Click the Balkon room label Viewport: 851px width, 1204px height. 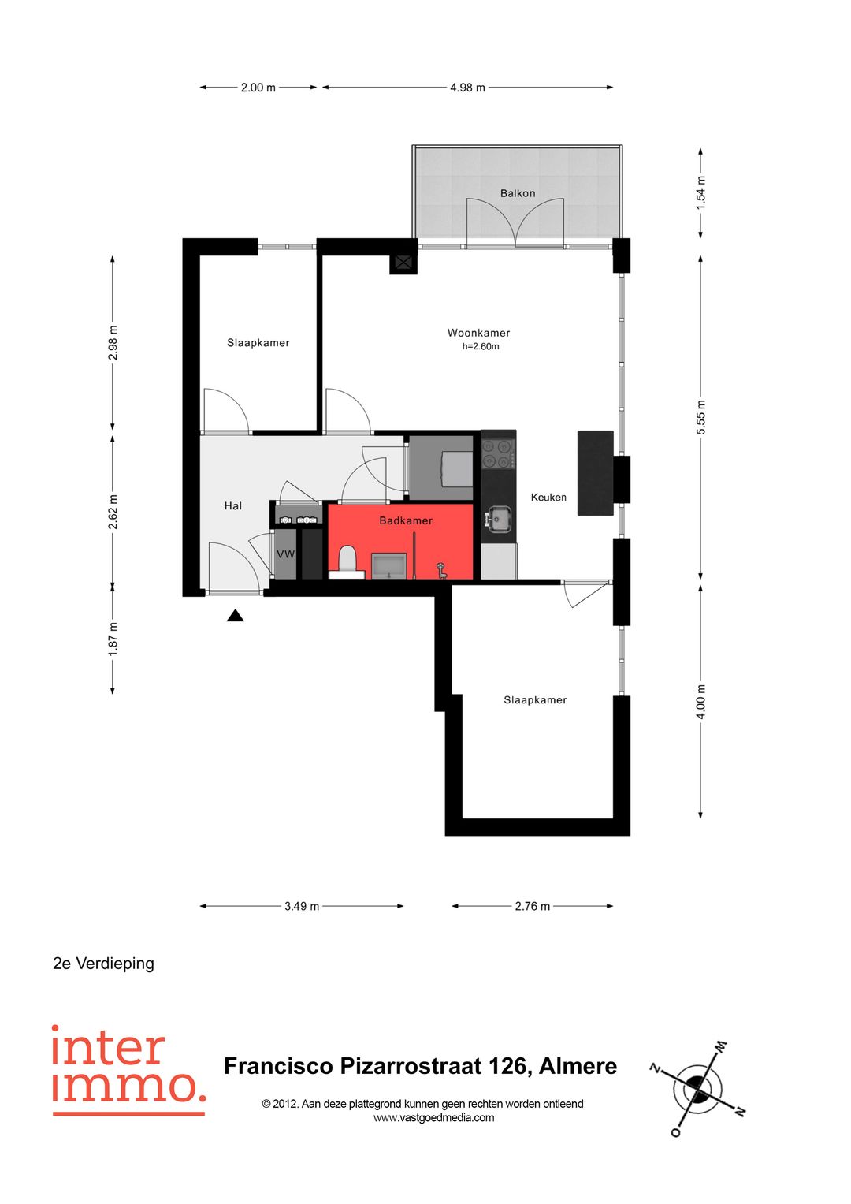pyautogui.click(x=518, y=193)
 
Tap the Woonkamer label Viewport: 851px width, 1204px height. pyautogui.click(x=478, y=333)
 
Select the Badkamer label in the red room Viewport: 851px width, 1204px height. pyautogui.click(x=406, y=520)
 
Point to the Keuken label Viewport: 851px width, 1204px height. pyautogui.click(x=548, y=498)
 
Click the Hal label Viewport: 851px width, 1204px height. pyautogui.click(x=232, y=505)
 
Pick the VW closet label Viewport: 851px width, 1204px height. pyautogui.click(x=285, y=554)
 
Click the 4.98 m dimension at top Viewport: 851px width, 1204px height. pyautogui.click(x=467, y=88)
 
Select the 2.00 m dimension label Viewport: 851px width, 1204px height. pyautogui.click(x=258, y=88)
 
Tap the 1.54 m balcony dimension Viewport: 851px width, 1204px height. pyautogui.click(x=700, y=193)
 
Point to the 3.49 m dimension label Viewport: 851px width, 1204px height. pyautogui.click(x=301, y=906)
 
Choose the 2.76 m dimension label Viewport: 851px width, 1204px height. pyautogui.click(x=532, y=906)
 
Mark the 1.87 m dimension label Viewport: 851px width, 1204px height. pyautogui.click(x=113, y=639)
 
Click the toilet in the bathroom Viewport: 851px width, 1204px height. pyautogui.click(x=347, y=561)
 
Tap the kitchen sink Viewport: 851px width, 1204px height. pyautogui.click(x=499, y=520)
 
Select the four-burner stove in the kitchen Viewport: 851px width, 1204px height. pyautogui.click(x=497, y=453)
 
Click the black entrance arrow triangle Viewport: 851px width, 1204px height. pyautogui.click(x=235, y=616)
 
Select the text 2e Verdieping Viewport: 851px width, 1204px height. pyautogui.click(x=103, y=964)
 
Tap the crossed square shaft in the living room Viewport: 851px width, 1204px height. pyautogui.click(x=403, y=263)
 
